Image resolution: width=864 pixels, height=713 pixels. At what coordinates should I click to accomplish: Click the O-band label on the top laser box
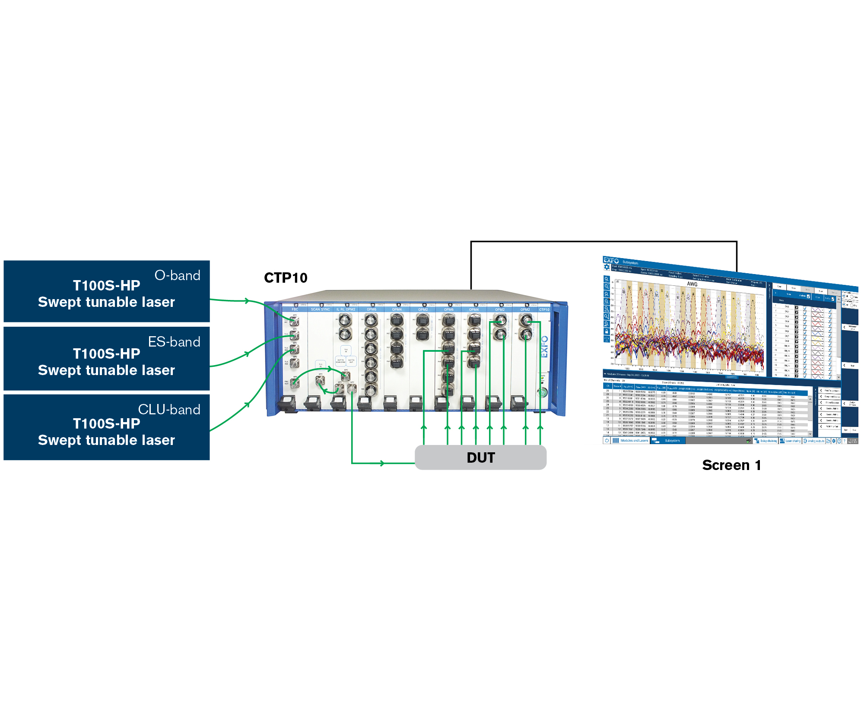177,275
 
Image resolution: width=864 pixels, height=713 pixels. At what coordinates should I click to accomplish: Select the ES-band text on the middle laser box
174,342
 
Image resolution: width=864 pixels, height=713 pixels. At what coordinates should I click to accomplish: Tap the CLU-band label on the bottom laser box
169,410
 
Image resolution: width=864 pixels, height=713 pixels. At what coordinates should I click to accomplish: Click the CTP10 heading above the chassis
286,278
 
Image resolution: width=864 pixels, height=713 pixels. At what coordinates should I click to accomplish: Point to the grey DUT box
480,457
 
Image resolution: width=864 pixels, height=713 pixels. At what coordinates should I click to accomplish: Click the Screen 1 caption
731,465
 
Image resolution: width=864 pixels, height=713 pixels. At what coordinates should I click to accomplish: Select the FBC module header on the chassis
295,309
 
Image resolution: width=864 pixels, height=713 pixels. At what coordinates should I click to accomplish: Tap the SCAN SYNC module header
320,309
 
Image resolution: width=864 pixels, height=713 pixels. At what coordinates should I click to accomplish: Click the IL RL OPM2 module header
346,309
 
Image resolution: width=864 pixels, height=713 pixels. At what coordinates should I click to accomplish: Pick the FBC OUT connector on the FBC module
295,383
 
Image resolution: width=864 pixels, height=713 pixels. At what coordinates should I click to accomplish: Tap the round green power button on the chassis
542,392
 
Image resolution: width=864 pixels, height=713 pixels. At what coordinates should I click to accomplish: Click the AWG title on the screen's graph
692,284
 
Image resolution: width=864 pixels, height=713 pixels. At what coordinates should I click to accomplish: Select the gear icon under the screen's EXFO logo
607,267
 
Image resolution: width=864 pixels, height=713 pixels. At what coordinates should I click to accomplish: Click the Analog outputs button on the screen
814,441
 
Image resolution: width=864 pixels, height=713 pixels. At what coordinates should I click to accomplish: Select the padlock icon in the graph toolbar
607,331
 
